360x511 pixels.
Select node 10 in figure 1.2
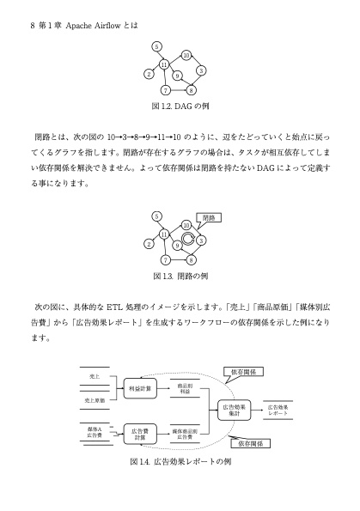[186, 56]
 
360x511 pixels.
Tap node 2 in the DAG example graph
[149, 74]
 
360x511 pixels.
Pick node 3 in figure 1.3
[200, 240]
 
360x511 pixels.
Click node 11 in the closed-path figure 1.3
[164, 234]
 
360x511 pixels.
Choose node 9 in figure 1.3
[177, 246]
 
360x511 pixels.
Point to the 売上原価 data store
[95, 400]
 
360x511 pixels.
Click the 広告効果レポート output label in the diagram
[278, 410]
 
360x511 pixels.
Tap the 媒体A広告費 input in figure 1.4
[95, 431]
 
